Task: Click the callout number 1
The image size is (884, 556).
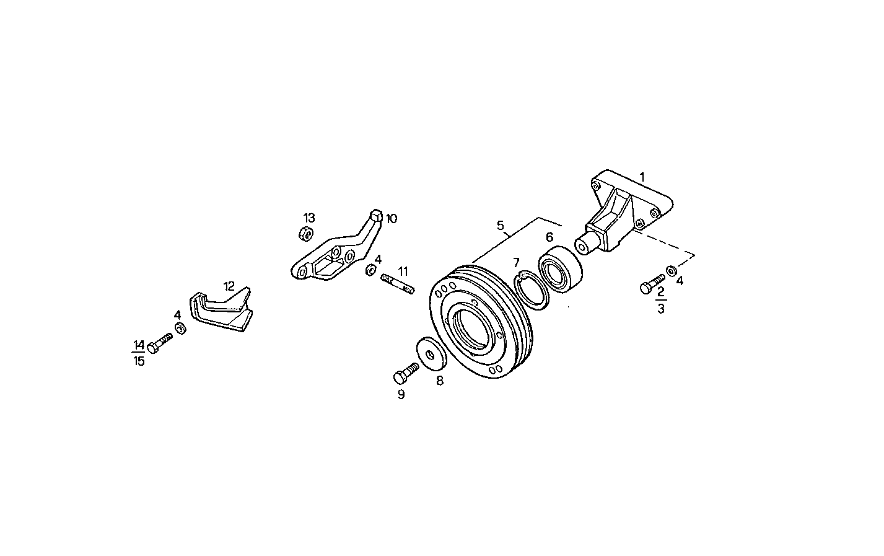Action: [x=642, y=177]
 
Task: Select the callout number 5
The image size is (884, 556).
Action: [x=501, y=226]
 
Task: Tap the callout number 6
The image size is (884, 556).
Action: [x=549, y=237]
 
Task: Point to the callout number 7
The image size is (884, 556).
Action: [x=516, y=263]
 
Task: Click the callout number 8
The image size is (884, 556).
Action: [x=440, y=381]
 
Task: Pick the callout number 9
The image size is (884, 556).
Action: [x=401, y=394]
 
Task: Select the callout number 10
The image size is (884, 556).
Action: [x=392, y=218]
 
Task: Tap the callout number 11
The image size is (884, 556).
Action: [x=403, y=271]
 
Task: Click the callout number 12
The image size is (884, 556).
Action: [x=229, y=286]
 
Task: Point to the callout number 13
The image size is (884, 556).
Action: [x=309, y=218]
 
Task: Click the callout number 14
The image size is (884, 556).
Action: [x=138, y=345]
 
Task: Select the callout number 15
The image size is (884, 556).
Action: [x=139, y=361]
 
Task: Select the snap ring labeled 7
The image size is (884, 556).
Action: [x=533, y=289]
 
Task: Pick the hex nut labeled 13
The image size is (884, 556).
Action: [x=305, y=234]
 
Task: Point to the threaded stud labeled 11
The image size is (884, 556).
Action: [x=397, y=285]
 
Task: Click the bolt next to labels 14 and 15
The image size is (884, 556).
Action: [x=160, y=343]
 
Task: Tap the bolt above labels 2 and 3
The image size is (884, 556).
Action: [x=652, y=284]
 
